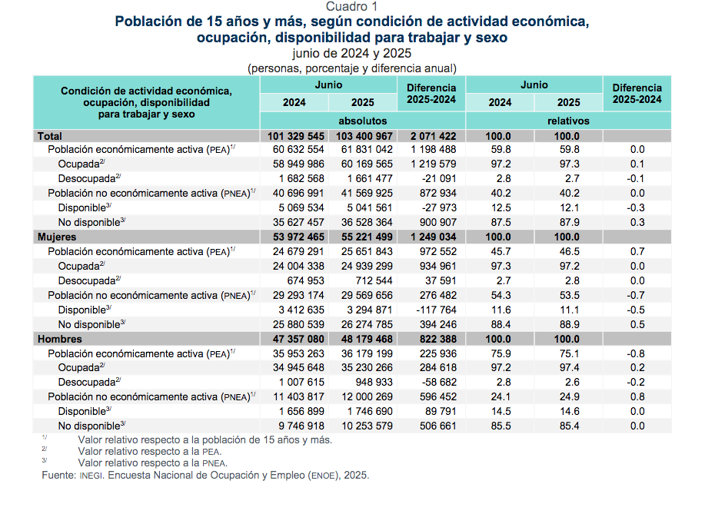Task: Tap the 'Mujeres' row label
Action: [57, 237]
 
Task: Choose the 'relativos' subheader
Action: [568, 121]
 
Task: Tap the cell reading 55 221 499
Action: [364, 237]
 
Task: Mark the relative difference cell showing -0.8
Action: [637, 354]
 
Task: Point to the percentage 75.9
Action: [500, 354]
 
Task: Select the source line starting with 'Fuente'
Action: [205, 476]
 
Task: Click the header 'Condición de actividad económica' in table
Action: [146, 91]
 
